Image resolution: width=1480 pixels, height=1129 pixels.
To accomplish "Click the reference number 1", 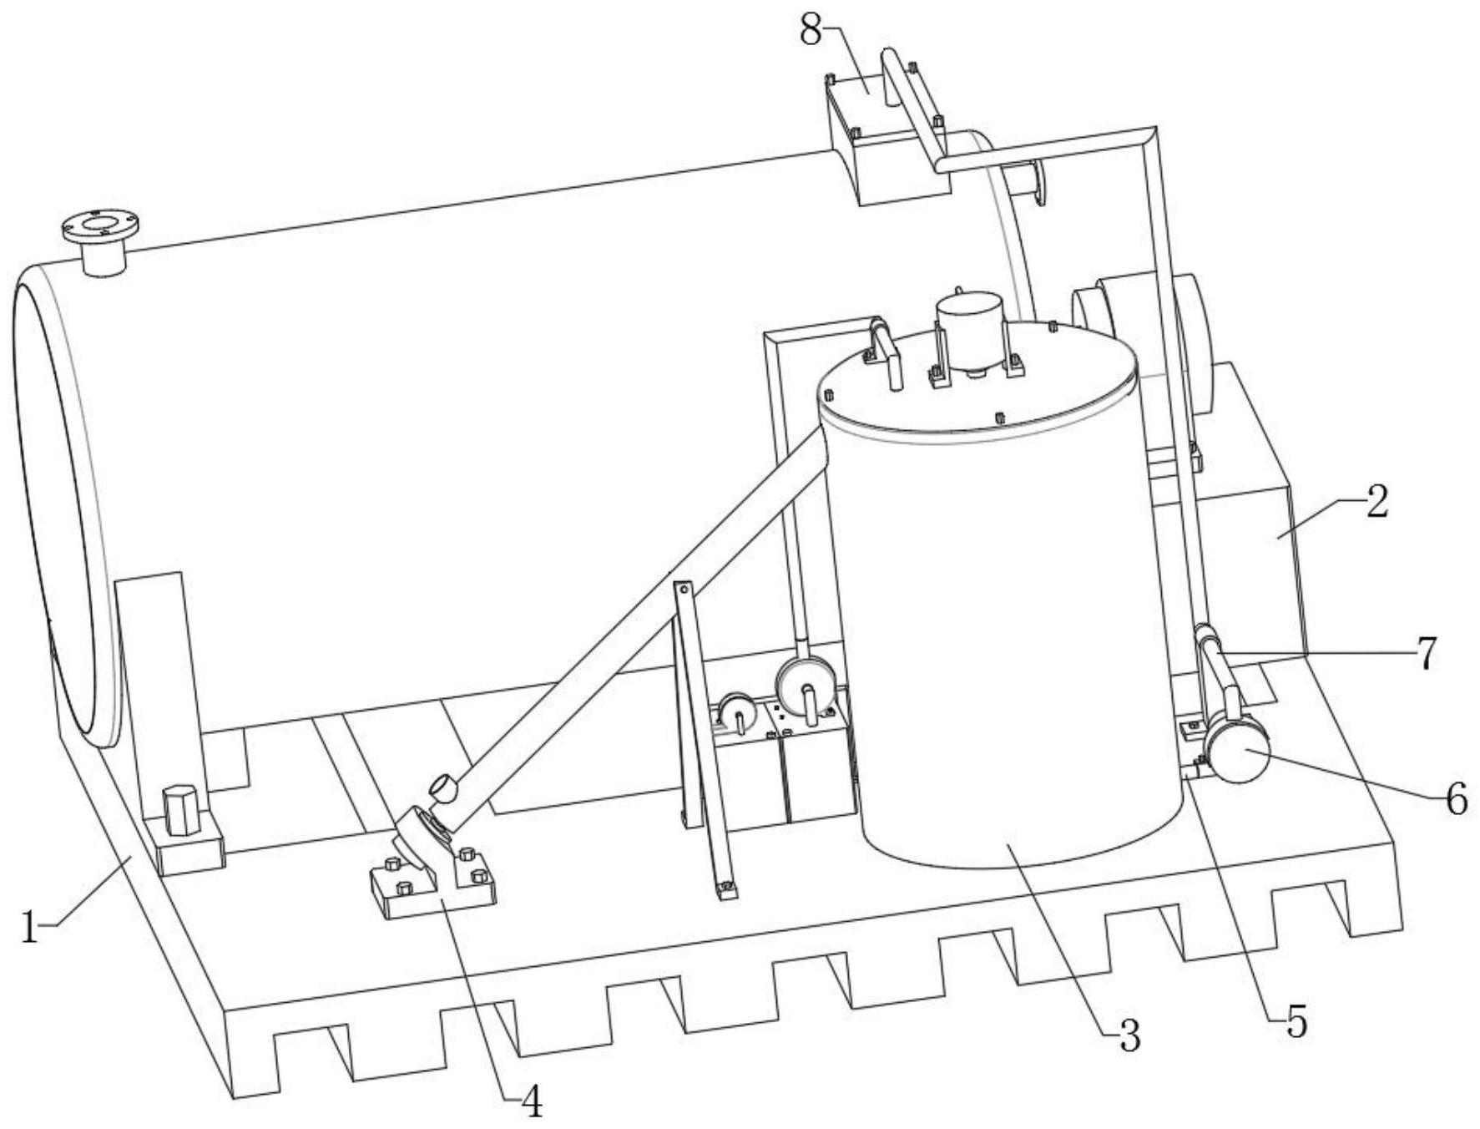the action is [30, 927].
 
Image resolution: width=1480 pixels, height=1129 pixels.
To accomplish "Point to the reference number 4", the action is [532, 1102].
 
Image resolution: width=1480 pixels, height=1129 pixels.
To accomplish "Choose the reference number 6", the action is [1456, 800].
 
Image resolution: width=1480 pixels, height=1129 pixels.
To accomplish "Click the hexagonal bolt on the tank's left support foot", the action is [180, 809].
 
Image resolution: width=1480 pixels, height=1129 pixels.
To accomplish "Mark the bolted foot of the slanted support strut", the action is [727, 890].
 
